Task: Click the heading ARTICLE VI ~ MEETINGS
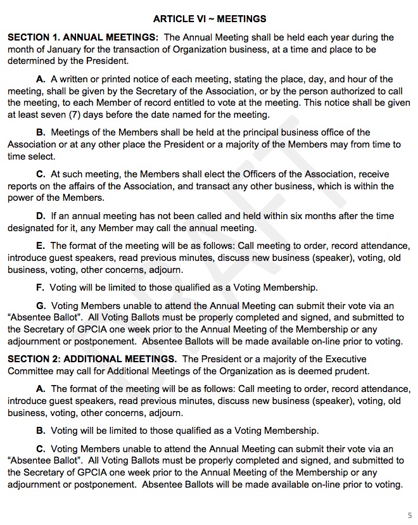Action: pyautogui.click(x=209, y=19)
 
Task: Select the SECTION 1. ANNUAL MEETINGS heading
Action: pyautogui.click(x=82, y=38)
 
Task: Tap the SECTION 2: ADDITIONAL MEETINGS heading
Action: pyautogui.click(x=91, y=359)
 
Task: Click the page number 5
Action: pyautogui.click(x=409, y=514)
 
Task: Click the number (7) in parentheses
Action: pyautogui.click(x=74, y=115)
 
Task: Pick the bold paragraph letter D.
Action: pyautogui.click(x=41, y=216)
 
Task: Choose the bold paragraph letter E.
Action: pyautogui.click(x=41, y=246)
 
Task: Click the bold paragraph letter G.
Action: pyautogui.click(x=41, y=305)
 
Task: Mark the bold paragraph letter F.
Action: pyautogui.click(x=41, y=288)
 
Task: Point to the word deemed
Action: pyautogui.click(x=315, y=371)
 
